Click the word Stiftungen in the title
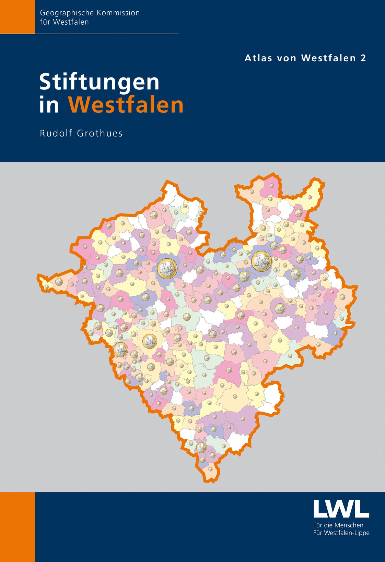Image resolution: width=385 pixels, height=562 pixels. click(x=100, y=83)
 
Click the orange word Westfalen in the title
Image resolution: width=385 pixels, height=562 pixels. click(x=126, y=105)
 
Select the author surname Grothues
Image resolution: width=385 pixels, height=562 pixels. click(x=100, y=133)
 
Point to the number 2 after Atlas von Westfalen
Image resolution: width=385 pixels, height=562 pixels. click(x=363, y=58)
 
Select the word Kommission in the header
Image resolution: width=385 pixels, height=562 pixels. click(x=118, y=13)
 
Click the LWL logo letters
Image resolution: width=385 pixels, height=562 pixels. click(x=341, y=509)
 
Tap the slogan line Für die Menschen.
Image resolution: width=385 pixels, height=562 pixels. click(x=339, y=525)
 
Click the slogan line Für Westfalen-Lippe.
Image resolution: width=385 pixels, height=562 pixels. click(x=342, y=533)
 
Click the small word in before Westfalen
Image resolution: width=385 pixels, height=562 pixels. click(x=49, y=105)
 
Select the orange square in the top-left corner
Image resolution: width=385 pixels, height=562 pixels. click(x=17, y=17)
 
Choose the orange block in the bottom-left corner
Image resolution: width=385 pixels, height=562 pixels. click(x=17, y=527)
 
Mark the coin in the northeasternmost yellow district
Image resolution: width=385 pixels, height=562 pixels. click(x=310, y=197)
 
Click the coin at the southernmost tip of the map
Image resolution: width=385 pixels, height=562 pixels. click(x=210, y=469)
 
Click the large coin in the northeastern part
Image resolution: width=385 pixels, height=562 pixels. click(x=261, y=261)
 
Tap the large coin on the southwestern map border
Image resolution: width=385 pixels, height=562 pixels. click(x=120, y=350)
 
